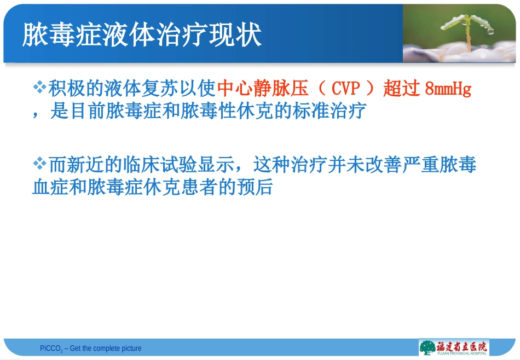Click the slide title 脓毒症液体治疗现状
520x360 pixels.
[142, 34]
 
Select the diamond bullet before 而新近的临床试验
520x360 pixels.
[41, 163]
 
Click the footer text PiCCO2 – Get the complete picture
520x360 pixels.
[90, 349]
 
